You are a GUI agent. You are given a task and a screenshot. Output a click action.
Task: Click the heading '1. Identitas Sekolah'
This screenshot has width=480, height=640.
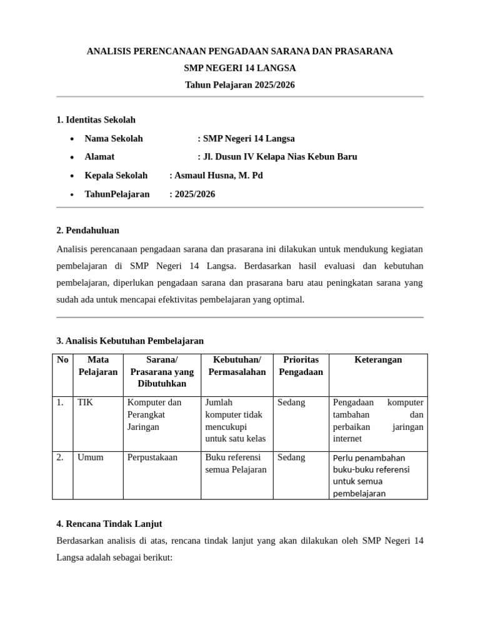(x=96, y=119)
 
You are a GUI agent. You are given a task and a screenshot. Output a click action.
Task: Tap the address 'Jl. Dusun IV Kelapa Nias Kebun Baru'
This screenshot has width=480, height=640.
(x=280, y=157)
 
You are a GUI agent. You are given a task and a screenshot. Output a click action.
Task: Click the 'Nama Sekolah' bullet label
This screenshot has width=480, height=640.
(x=114, y=139)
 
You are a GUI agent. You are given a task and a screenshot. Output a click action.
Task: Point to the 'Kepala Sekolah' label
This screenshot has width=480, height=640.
(x=116, y=176)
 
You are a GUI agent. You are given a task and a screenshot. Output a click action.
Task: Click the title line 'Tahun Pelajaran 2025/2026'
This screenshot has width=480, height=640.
(x=239, y=85)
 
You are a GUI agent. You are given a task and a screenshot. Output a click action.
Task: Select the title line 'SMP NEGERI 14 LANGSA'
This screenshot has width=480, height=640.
(x=239, y=68)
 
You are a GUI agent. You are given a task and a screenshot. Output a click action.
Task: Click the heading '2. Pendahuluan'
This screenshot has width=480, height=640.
(x=87, y=230)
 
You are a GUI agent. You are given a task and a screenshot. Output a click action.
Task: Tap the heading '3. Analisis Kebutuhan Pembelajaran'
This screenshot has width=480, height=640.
(x=130, y=341)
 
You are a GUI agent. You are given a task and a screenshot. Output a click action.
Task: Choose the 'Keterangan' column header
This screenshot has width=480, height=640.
(x=378, y=360)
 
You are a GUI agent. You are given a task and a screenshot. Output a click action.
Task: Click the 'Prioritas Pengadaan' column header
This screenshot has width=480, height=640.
(x=301, y=366)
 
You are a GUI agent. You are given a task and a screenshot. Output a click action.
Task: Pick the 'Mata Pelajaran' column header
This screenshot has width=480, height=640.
(x=98, y=366)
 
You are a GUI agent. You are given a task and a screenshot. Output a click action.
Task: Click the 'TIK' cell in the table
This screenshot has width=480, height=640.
(x=85, y=402)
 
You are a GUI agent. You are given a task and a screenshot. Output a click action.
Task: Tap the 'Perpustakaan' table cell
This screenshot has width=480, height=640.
(x=152, y=457)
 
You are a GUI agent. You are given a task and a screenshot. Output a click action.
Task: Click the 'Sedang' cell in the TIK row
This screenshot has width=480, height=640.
(x=291, y=402)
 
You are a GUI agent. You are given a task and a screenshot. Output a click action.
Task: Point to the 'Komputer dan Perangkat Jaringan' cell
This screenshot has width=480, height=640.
(x=154, y=414)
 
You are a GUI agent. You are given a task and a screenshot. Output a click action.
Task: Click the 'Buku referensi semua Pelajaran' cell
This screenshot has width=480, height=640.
(x=236, y=463)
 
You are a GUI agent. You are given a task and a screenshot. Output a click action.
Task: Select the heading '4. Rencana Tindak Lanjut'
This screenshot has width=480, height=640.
(x=109, y=524)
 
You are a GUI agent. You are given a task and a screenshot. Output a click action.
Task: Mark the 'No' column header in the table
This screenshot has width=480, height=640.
(x=62, y=360)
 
